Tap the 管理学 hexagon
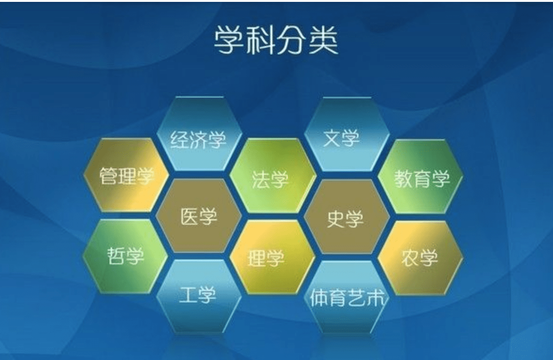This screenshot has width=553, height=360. (126, 175)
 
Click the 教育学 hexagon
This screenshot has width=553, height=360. (421, 177)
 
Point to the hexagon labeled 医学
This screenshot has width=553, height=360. (199, 215)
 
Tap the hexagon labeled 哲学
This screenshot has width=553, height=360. (126, 256)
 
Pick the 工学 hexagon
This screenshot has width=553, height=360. (199, 296)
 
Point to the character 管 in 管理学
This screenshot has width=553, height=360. (108, 176)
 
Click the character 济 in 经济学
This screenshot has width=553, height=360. (198, 140)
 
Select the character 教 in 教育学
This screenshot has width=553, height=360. (403, 179)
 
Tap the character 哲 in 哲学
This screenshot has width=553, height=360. (117, 256)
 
